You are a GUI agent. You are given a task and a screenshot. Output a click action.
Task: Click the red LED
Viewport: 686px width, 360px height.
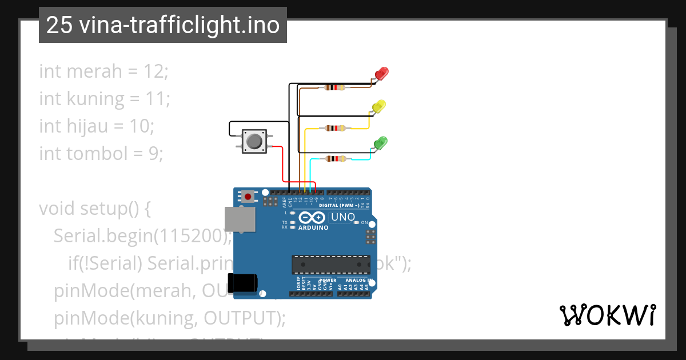381,74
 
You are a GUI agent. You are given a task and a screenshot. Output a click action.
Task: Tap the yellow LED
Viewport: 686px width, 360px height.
378,106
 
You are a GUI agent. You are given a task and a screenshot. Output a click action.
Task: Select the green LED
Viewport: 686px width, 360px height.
380,142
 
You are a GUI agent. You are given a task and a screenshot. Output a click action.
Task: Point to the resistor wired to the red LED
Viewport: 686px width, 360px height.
334,87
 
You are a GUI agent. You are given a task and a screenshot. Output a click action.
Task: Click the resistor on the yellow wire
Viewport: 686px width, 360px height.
334,128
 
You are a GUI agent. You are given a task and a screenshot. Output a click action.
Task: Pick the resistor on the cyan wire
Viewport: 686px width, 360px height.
334,159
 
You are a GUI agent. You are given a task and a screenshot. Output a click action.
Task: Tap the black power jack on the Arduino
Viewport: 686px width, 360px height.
242,283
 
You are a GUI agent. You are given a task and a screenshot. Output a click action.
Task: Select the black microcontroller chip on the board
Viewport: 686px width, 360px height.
331,265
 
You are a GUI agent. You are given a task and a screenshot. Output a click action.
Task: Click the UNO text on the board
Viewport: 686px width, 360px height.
344,217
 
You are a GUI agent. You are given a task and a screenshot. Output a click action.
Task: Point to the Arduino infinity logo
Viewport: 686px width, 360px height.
312,218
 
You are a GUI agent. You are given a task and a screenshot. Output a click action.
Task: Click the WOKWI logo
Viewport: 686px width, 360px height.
607,315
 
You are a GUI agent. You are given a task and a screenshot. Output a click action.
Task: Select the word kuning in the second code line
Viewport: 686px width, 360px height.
95,99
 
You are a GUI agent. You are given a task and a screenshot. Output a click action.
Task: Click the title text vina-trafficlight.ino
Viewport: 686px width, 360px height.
179,25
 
